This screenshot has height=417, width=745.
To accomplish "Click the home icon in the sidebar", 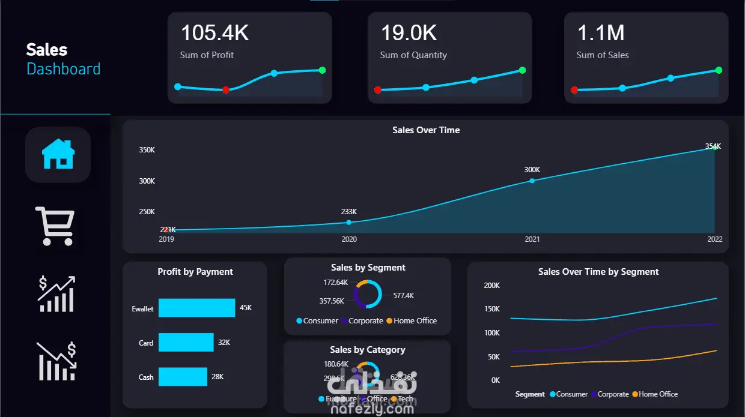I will [x=58, y=154].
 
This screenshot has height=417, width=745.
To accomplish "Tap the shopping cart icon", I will [x=55, y=226].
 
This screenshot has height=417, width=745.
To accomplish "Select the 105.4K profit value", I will [x=214, y=33].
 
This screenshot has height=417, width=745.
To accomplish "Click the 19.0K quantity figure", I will [x=409, y=33].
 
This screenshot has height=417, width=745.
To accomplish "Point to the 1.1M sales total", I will [x=601, y=33].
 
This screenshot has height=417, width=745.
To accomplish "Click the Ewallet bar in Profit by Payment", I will [x=196, y=308].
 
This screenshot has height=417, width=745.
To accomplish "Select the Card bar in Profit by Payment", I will [x=186, y=342].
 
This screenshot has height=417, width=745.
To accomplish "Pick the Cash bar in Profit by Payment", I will [x=183, y=377].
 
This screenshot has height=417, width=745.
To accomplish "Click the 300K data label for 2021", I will [x=532, y=170].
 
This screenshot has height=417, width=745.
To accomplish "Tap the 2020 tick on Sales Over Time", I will [x=349, y=239].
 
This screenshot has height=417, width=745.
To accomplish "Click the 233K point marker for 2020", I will [x=349, y=223].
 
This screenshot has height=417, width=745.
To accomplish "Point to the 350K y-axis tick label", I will [x=147, y=150].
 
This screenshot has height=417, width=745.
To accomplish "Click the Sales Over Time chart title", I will [x=426, y=130].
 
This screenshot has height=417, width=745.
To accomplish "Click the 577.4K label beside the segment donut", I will [x=404, y=296].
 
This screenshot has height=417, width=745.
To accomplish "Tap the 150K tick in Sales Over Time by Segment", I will [x=491, y=309].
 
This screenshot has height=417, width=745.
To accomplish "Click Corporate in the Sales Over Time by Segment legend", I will [x=613, y=394].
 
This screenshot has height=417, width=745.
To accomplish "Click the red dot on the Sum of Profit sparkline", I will [x=226, y=90].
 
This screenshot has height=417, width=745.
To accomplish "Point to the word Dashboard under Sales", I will [x=64, y=69].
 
